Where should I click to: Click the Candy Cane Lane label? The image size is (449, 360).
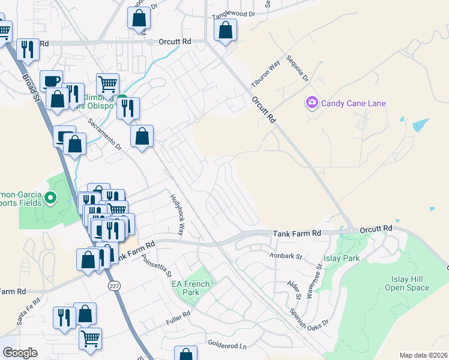click(353, 103)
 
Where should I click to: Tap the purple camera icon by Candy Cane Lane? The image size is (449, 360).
click(312, 103)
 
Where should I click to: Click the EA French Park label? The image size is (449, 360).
click(191, 288)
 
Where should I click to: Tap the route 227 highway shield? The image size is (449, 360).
click(115, 286)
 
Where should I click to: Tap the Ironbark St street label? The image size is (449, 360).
click(292, 256)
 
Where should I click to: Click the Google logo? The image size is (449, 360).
click(19, 353)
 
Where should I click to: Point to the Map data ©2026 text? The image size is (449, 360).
click(423, 355)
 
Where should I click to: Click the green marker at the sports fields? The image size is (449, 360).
click(51, 196)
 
